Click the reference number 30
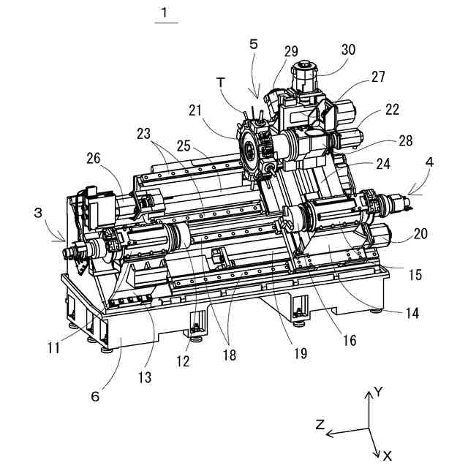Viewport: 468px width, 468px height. (x=348, y=50)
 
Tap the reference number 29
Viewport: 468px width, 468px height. (x=291, y=51)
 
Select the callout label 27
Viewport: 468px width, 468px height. (x=378, y=77)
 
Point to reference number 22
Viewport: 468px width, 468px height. (x=392, y=110)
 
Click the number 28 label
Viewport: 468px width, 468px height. (x=406, y=140)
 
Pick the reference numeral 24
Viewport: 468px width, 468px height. (x=383, y=164)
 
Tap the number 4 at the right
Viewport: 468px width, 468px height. (x=429, y=162)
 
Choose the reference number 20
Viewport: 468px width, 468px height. (x=421, y=233)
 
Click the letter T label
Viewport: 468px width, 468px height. (x=221, y=83)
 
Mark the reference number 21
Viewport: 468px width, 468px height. (x=195, y=110)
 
